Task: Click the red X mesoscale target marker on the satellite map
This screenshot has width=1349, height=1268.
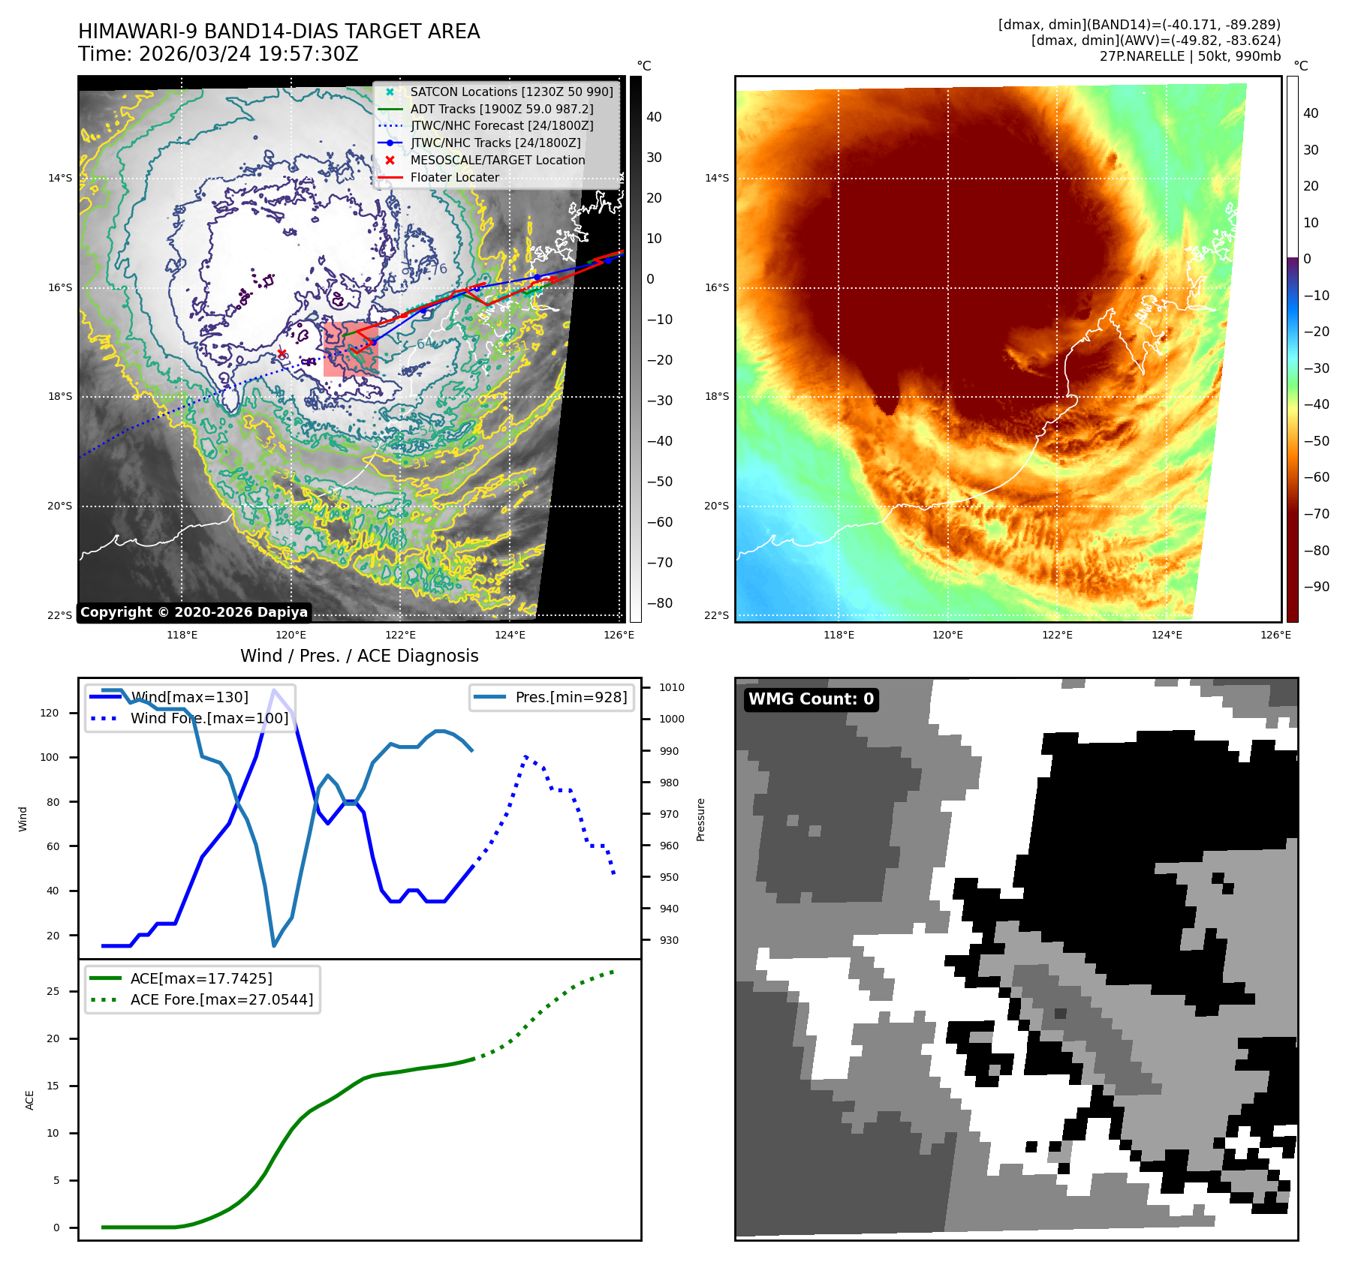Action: [x=282, y=353]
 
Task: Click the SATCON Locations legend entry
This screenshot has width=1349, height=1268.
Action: [x=511, y=92]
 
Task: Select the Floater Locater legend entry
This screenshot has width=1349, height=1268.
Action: [x=454, y=177]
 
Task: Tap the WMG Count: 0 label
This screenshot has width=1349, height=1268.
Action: [x=811, y=699]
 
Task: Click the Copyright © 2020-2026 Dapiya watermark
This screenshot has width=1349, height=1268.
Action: [x=194, y=612]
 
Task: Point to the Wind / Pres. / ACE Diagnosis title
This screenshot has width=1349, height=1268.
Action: [x=359, y=656]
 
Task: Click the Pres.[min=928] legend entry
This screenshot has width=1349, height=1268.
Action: [x=571, y=697]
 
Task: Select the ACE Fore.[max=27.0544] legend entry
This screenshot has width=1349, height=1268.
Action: [x=221, y=999]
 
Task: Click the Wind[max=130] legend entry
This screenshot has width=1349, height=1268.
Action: [x=189, y=697]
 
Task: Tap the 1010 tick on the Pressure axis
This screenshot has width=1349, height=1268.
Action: [x=671, y=687]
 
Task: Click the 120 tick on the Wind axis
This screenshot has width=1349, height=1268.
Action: [x=50, y=713]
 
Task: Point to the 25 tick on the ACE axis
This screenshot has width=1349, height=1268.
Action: [x=53, y=991]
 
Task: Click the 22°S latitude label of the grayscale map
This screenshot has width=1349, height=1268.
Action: [x=60, y=615]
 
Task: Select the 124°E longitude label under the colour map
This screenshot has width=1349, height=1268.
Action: [x=1167, y=635]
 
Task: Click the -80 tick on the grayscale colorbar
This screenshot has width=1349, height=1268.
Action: [x=660, y=603]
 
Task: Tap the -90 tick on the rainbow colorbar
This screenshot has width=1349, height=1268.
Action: [x=1316, y=587]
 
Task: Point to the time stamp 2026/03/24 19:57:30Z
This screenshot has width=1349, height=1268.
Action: [x=248, y=54]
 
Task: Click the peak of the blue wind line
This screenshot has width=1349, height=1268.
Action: [x=274, y=690]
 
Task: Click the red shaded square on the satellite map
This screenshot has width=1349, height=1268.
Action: [x=350, y=349]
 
